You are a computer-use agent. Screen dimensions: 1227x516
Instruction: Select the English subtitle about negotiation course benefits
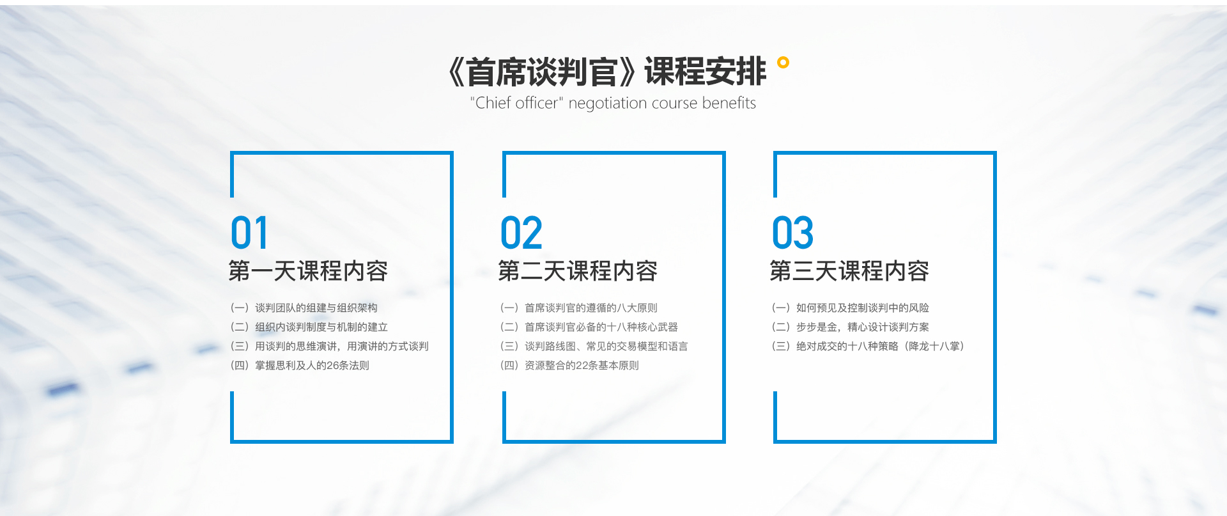pyautogui.click(x=613, y=103)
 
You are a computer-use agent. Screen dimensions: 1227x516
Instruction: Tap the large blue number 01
pyautogui.click(x=249, y=233)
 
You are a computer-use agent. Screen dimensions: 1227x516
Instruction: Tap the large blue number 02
pyautogui.click(x=521, y=233)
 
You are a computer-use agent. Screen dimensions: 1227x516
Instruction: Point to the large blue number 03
pyautogui.click(x=793, y=233)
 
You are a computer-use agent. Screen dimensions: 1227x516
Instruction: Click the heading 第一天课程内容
pyautogui.click(x=308, y=271)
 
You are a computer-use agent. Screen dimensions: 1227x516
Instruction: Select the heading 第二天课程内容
pyautogui.click(x=578, y=271)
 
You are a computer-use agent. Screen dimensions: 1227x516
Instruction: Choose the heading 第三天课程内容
pyautogui.click(x=849, y=271)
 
